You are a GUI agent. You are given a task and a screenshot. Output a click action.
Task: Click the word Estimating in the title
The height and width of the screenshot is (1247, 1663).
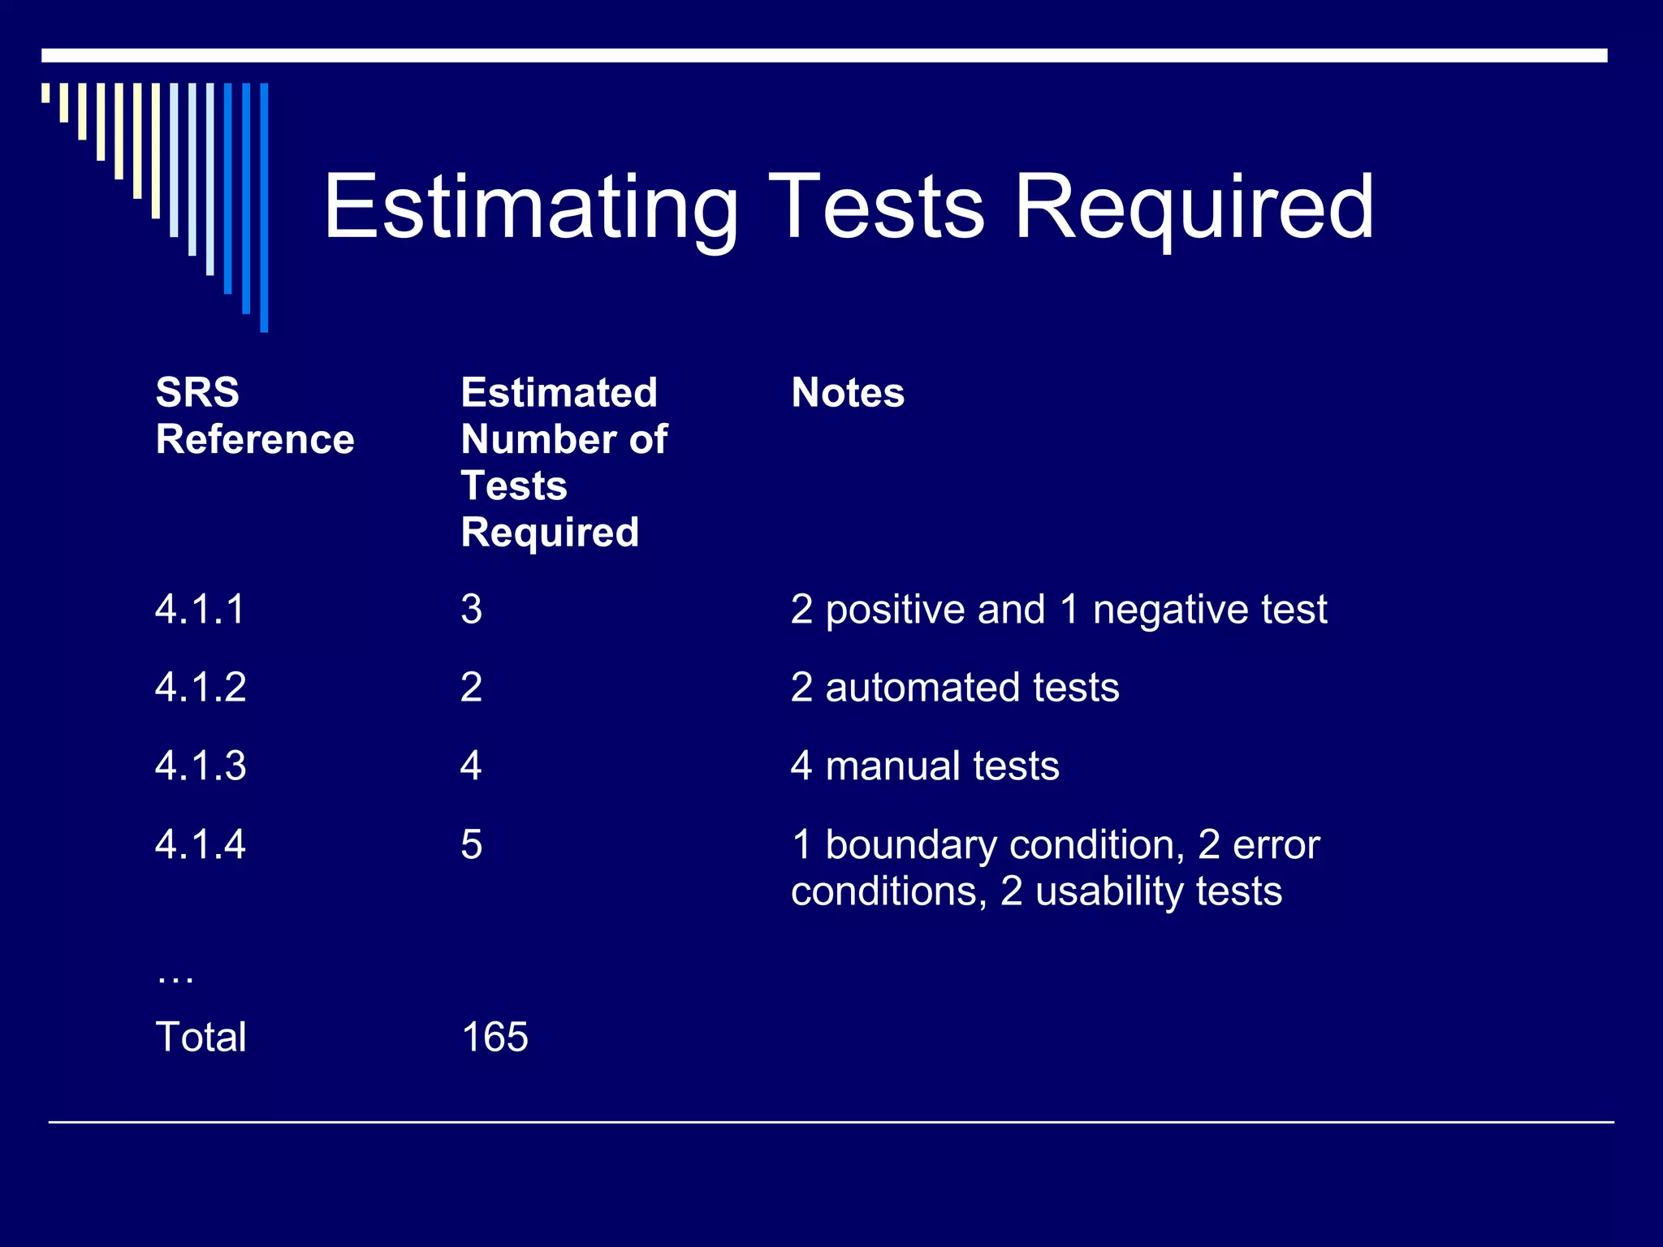[x=530, y=208]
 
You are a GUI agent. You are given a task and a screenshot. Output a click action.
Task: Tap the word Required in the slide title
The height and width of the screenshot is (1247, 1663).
[x=1194, y=208]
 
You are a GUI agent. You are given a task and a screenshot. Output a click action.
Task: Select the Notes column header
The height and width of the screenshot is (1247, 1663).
[x=847, y=393]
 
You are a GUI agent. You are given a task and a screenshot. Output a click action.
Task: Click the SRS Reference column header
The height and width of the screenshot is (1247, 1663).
[x=254, y=416]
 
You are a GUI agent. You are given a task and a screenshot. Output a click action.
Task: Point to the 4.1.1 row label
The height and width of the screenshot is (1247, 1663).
[x=200, y=609]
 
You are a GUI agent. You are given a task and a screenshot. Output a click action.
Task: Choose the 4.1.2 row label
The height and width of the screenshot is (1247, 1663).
[x=201, y=688]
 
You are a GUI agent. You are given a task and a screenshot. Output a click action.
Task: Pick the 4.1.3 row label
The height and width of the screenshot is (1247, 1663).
[x=201, y=766]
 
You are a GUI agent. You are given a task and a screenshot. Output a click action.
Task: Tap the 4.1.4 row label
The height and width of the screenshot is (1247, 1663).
[x=201, y=844]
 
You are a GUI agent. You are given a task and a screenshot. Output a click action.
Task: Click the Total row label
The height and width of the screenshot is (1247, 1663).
[x=201, y=1037]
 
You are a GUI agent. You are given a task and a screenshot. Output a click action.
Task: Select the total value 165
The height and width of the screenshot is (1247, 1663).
[x=495, y=1037]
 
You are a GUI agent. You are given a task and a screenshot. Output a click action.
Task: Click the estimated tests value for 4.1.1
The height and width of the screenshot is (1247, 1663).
[x=471, y=609]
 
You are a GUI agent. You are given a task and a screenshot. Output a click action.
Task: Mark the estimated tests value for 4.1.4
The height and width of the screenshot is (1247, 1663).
[x=471, y=844]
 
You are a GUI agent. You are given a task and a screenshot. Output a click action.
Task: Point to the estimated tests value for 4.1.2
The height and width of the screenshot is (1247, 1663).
[x=471, y=688]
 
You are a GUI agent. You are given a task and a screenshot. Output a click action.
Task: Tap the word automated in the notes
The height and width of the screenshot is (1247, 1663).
[x=922, y=688]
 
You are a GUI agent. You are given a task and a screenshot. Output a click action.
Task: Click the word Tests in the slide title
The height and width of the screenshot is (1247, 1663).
[x=876, y=208]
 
